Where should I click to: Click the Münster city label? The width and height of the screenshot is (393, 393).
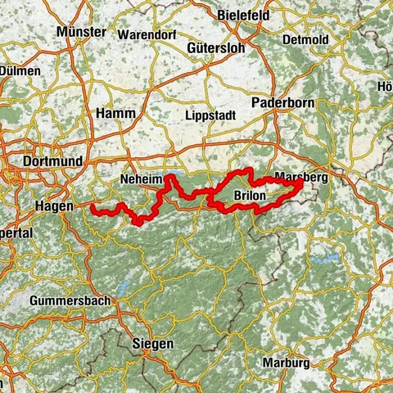pos(82,32)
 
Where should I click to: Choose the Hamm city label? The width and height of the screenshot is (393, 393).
pos(115,113)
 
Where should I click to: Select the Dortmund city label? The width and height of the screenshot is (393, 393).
pos(53,161)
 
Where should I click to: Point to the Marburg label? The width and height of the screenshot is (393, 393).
pos(287,362)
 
